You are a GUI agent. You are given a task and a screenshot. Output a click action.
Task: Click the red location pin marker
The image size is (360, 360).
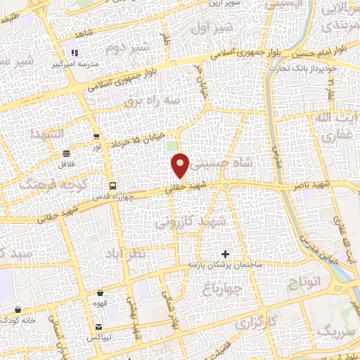pyautogui.click(x=181, y=165)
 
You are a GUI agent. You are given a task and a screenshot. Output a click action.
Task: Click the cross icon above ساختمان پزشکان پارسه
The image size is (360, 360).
pyautogui.click(x=225, y=253)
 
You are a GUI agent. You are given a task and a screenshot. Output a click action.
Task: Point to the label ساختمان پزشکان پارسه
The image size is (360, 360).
pyautogui.click(x=224, y=264)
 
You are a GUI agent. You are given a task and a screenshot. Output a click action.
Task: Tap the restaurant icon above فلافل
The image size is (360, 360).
pyautogui.click(x=66, y=153)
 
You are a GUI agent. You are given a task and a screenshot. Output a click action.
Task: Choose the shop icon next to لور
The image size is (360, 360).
pyautogui.click(x=96, y=136)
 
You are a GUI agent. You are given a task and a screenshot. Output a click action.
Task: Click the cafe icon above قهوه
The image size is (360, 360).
pyautogui.click(x=101, y=292)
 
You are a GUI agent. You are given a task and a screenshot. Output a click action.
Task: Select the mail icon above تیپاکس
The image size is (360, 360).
pyautogui.click(x=99, y=327)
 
